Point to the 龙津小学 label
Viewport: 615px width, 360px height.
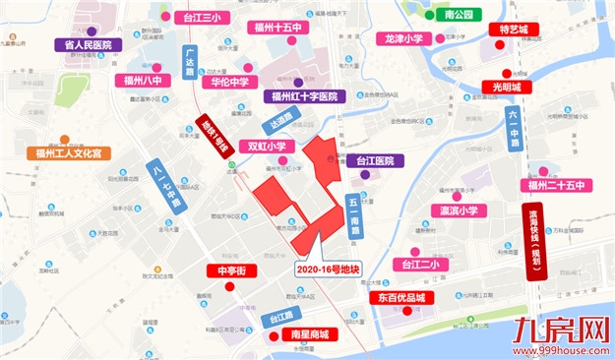click(403, 39)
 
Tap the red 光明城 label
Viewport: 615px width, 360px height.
click(513, 88)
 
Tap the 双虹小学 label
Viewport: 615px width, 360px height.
click(266, 146)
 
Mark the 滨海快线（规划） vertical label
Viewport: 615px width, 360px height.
click(536, 241)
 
